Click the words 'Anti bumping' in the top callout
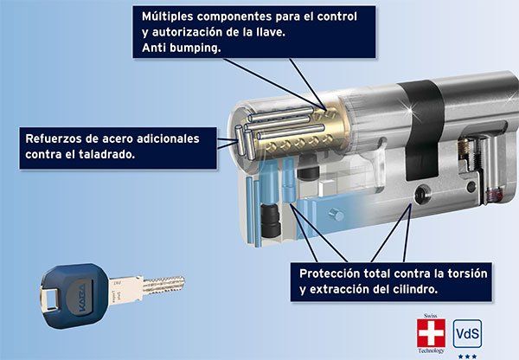(181, 49)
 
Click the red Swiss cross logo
(431, 333)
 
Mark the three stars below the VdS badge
(468, 355)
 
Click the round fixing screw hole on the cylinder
(423, 195)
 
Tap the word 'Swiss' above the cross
(431, 318)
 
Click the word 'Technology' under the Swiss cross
(431, 350)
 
